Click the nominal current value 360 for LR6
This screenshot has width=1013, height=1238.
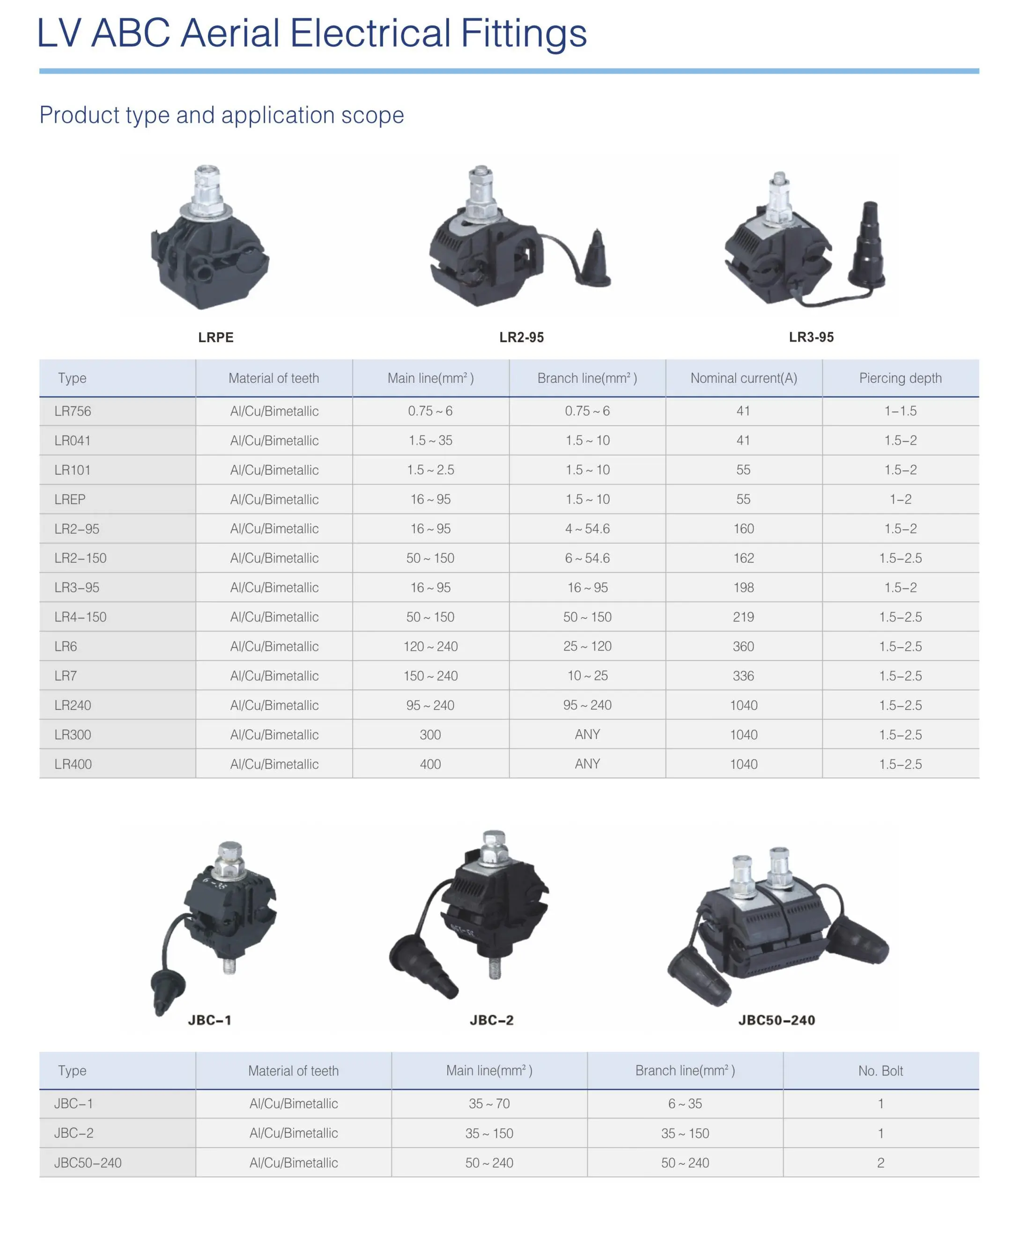pos(743,646)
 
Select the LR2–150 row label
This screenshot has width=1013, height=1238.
pos(81,558)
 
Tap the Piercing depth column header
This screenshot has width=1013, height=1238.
pos(901,378)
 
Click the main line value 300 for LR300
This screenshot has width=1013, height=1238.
pos(430,734)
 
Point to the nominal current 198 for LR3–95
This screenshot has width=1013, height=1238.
pos(743,587)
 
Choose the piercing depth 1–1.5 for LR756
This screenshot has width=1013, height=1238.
pos(901,411)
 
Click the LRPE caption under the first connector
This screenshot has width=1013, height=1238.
pos(216,337)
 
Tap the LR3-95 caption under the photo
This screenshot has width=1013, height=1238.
pos(811,337)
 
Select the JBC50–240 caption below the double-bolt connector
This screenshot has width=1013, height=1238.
pos(776,1020)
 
